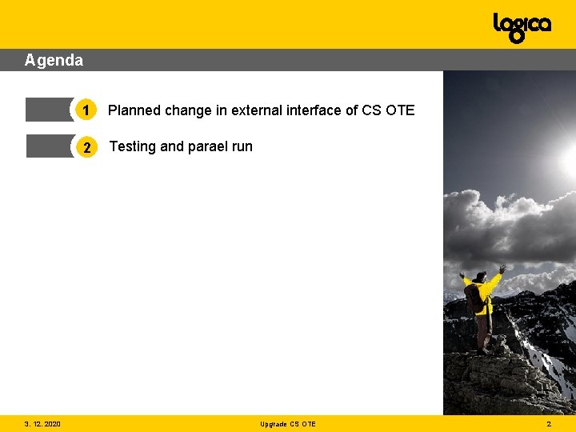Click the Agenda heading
click(x=54, y=60)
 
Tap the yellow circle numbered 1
click(x=86, y=110)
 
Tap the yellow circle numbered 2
click(x=86, y=146)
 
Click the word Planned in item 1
click(x=134, y=110)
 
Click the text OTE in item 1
click(x=400, y=110)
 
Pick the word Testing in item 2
click(x=133, y=146)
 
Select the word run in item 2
click(x=242, y=146)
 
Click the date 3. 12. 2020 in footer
click(x=42, y=424)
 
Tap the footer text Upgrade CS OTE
click(x=288, y=424)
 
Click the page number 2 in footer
click(x=549, y=424)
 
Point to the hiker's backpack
click(x=474, y=298)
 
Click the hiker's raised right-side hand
click(x=502, y=269)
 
